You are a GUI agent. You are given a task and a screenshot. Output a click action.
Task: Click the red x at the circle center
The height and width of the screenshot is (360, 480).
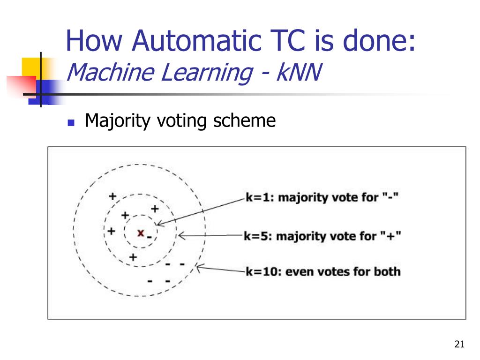(x=140, y=232)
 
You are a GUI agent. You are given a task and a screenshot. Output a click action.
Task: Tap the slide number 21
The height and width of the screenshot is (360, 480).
(x=459, y=345)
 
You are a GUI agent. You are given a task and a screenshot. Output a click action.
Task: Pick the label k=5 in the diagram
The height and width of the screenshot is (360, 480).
(x=258, y=235)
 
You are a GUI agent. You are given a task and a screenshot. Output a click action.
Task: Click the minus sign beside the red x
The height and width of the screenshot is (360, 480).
(x=149, y=237)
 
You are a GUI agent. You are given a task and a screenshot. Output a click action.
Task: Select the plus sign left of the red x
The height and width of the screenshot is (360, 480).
(x=111, y=231)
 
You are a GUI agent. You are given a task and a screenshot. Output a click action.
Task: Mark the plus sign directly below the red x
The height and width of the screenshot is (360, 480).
(x=133, y=257)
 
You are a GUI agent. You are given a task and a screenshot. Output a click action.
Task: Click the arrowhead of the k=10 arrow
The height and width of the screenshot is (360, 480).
(x=197, y=268)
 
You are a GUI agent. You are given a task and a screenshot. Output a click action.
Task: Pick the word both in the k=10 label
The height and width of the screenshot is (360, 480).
(x=387, y=271)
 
